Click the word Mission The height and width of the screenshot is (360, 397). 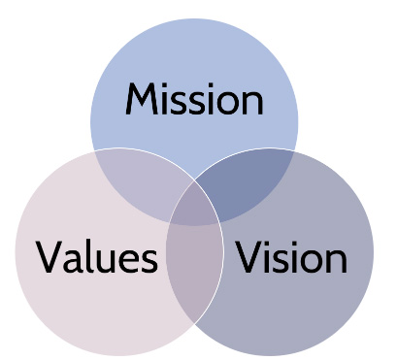coord(194,99)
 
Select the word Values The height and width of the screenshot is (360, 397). coord(97,256)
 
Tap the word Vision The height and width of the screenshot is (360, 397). coord(291,256)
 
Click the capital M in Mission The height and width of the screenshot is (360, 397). coord(142,99)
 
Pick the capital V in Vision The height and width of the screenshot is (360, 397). coord(248,256)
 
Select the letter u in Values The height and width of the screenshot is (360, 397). coord(106,261)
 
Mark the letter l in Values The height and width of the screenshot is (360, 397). coord(88,256)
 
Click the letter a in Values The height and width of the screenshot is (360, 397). coord(73,261)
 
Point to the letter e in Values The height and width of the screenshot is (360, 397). coord(129,261)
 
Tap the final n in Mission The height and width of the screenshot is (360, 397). coord(253,103)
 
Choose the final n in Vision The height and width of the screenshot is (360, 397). coord(338,261)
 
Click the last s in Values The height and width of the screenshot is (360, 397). coord(149,261)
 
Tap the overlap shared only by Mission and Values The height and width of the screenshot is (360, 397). coord(143,182)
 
